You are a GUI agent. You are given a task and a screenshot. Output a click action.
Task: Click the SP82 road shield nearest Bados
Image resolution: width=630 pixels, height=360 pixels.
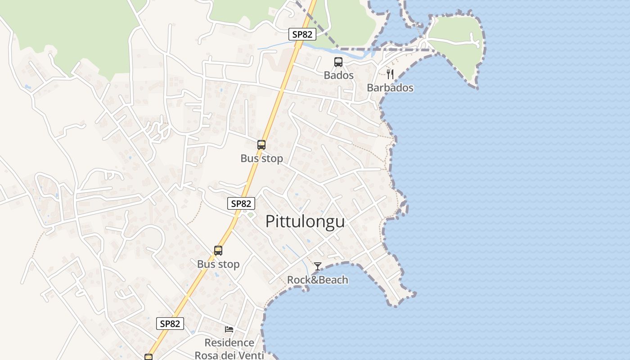(302, 34)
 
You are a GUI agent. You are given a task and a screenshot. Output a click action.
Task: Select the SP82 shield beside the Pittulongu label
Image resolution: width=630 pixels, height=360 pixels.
(241, 203)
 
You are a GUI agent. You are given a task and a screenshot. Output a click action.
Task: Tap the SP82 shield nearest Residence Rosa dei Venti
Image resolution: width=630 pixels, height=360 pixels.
(171, 323)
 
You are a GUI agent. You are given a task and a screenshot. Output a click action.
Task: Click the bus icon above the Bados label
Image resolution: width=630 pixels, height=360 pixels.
(338, 62)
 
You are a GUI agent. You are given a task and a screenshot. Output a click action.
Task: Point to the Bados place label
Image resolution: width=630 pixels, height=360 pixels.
(338, 75)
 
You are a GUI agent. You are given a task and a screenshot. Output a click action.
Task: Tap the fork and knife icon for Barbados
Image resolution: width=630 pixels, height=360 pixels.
(390, 74)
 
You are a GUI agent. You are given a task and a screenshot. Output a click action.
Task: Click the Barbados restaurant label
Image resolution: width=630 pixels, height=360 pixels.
(390, 88)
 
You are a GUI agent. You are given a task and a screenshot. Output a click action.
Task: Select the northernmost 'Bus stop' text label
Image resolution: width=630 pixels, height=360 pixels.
(261, 158)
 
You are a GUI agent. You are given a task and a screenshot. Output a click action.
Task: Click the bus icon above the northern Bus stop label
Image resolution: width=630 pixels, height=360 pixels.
(261, 145)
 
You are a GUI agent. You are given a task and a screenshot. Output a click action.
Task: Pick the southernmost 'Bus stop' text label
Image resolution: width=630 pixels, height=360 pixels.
(218, 264)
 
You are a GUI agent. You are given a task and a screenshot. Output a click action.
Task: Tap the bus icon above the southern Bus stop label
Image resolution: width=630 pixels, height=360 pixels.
(218, 251)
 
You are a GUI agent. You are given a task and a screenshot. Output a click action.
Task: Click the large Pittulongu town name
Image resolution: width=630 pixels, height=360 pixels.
(305, 221)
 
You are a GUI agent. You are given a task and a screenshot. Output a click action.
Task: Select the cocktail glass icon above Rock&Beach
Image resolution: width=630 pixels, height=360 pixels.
(318, 266)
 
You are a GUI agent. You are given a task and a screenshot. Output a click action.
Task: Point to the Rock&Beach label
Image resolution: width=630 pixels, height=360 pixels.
(318, 280)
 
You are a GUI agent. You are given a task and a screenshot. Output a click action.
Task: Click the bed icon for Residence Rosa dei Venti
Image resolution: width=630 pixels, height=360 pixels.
(229, 329)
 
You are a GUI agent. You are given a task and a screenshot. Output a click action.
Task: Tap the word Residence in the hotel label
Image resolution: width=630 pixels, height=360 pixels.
(229, 343)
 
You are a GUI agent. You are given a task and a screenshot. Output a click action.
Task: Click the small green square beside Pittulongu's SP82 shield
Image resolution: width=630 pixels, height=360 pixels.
(250, 215)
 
